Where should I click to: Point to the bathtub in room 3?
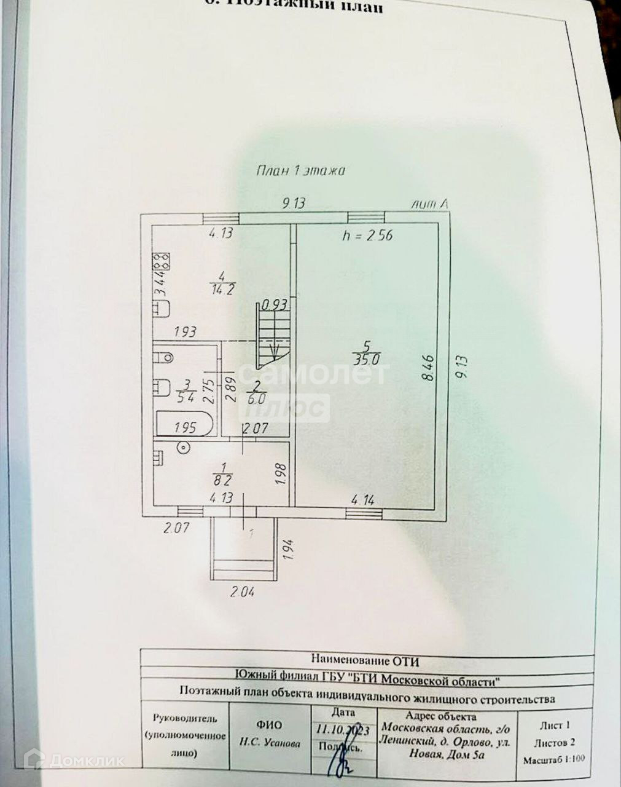click(184, 425)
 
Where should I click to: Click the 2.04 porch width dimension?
click(243, 593)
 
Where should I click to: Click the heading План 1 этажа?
click(300, 171)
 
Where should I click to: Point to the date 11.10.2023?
click(342, 730)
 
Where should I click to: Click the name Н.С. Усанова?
click(270, 743)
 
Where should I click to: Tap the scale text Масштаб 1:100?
click(553, 759)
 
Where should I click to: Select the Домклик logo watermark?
click(74, 761)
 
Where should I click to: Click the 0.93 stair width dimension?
click(275, 304)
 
